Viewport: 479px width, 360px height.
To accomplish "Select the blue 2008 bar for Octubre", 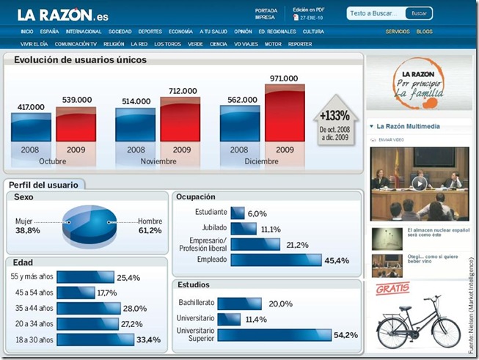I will [32, 132].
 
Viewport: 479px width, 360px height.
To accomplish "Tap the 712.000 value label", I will [182, 91].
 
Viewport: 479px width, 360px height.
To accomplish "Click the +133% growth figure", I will [335, 115].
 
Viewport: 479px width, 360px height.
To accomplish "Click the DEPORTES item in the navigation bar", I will [150, 32].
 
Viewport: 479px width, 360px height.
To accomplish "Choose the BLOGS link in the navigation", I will [424, 32].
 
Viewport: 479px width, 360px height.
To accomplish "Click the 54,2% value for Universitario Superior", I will [345, 335].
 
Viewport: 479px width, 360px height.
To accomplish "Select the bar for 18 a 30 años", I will [95, 339].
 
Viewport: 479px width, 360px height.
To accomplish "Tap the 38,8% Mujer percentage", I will [27, 230].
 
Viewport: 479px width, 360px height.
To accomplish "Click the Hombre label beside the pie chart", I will [150, 221].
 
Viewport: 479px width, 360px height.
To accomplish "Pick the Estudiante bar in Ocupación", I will [237, 213].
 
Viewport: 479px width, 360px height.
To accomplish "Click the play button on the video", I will [419, 183].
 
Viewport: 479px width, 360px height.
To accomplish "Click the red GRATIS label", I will [392, 288].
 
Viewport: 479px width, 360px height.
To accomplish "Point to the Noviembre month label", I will [158, 161].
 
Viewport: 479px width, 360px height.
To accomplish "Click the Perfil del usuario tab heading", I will [44, 185].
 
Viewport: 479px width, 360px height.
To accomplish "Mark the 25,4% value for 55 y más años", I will [128, 278].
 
